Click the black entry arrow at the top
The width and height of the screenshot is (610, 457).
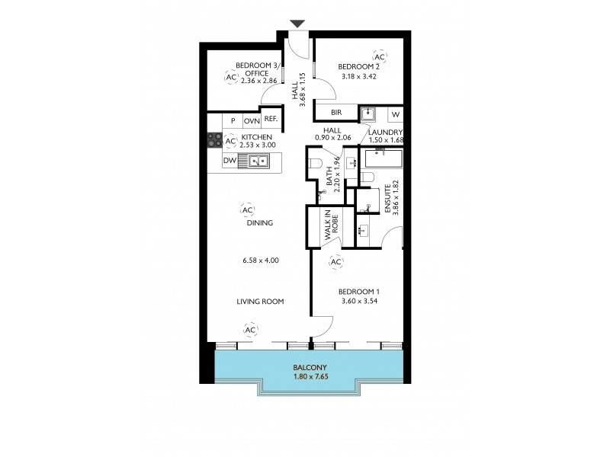[297, 24]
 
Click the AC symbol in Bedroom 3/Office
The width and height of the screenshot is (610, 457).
[230, 77]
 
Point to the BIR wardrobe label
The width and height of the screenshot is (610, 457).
[336, 113]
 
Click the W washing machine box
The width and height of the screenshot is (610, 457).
[395, 114]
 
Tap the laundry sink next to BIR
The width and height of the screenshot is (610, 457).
[369, 114]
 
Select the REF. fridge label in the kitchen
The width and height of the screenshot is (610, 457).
[271, 120]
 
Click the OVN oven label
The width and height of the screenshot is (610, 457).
[251, 121]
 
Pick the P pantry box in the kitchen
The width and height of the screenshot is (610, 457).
[233, 121]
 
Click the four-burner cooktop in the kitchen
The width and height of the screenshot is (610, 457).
[215, 140]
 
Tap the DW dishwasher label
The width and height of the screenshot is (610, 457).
[229, 161]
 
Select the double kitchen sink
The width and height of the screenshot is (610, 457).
[253, 161]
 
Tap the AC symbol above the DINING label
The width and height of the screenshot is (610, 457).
[246, 210]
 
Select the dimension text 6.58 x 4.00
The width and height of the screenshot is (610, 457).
[259, 260]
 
